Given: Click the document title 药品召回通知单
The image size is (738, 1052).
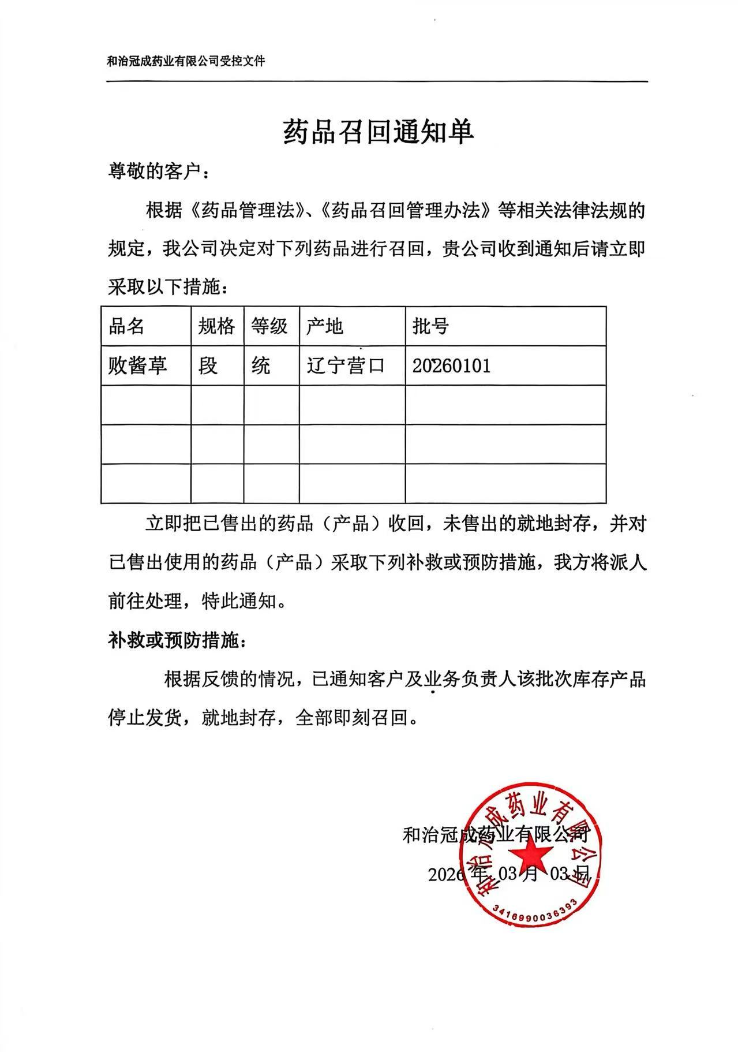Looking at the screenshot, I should click(x=378, y=132).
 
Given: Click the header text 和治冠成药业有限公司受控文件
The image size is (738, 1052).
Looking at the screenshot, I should click(x=186, y=61).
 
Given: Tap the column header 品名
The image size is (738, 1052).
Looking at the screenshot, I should click(x=126, y=326).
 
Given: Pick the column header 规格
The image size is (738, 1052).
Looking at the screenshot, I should click(x=216, y=326).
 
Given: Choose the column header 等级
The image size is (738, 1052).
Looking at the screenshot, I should click(x=269, y=326).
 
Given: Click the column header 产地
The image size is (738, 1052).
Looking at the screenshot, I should click(x=324, y=326).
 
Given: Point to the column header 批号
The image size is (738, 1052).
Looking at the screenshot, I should click(x=430, y=326).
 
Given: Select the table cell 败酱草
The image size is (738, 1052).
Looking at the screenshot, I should click(x=137, y=365).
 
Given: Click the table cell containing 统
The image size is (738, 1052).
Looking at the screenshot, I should click(x=261, y=365).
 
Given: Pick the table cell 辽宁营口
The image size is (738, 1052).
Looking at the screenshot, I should click(x=345, y=365).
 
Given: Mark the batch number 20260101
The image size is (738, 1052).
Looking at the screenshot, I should click(x=451, y=365).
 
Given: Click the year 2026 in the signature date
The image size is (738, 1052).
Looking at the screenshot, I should click(x=446, y=874).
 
